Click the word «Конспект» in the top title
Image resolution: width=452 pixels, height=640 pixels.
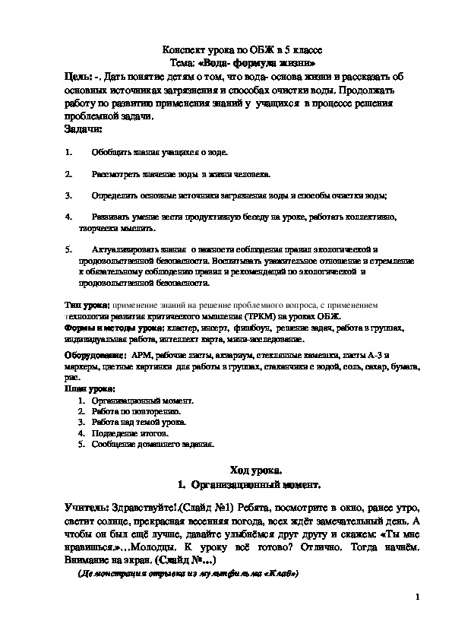click(189, 49)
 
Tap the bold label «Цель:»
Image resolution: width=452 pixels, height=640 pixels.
click(78, 77)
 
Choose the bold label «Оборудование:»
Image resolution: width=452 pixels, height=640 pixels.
click(95, 354)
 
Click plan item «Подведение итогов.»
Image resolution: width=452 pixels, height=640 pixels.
click(128, 432)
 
